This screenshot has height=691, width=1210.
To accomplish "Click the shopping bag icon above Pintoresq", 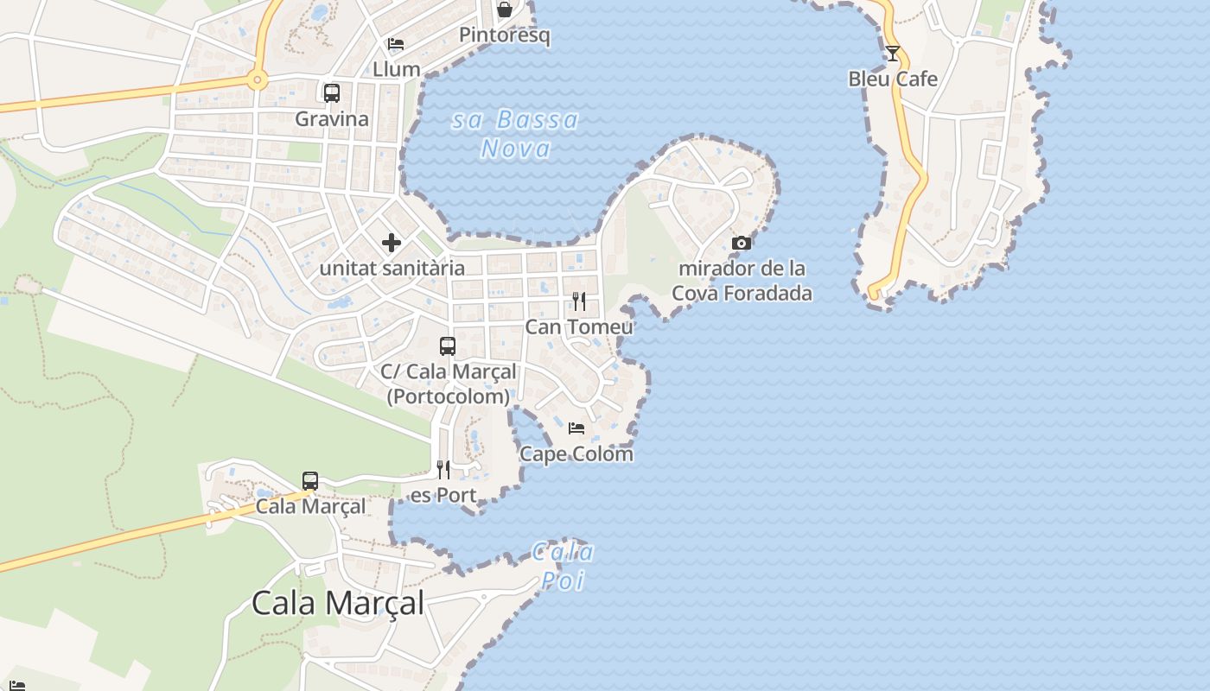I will [x=505, y=10].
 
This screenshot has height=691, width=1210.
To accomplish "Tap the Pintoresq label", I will [x=505, y=35].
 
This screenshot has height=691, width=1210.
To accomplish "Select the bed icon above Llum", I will [x=396, y=44].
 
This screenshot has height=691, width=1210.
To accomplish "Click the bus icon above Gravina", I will [x=332, y=93].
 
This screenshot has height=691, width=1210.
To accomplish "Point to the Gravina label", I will [x=332, y=119].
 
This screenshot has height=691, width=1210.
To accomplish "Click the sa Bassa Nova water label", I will [x=516, y=134].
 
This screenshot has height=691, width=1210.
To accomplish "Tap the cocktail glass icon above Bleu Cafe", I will [x=893, y=54].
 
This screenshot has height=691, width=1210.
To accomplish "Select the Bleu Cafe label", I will [x=893, y=79].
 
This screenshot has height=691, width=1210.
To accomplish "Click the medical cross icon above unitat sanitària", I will [x=392, y=243].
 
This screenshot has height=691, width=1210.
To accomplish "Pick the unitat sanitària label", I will [x=392, y=268].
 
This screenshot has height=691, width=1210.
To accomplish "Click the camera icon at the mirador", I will [x=742, y=244].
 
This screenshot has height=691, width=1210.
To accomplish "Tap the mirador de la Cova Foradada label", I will [x=742, y=281].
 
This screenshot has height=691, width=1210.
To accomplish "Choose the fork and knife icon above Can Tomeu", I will [x=579, y=301].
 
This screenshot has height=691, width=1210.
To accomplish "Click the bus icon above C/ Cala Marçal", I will [x=448, y=346].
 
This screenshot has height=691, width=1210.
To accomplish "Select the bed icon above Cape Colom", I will [x=576, y=428].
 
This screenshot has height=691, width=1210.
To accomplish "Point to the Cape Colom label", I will [x=576, y=453].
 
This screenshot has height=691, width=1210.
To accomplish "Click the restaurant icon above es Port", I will [x=443, y=470].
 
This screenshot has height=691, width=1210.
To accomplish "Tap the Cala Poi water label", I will [x=563, y=566].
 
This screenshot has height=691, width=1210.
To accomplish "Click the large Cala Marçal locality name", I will [x=338, y=603].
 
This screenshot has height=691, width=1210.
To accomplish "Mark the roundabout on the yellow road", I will [x=257, y=80].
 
